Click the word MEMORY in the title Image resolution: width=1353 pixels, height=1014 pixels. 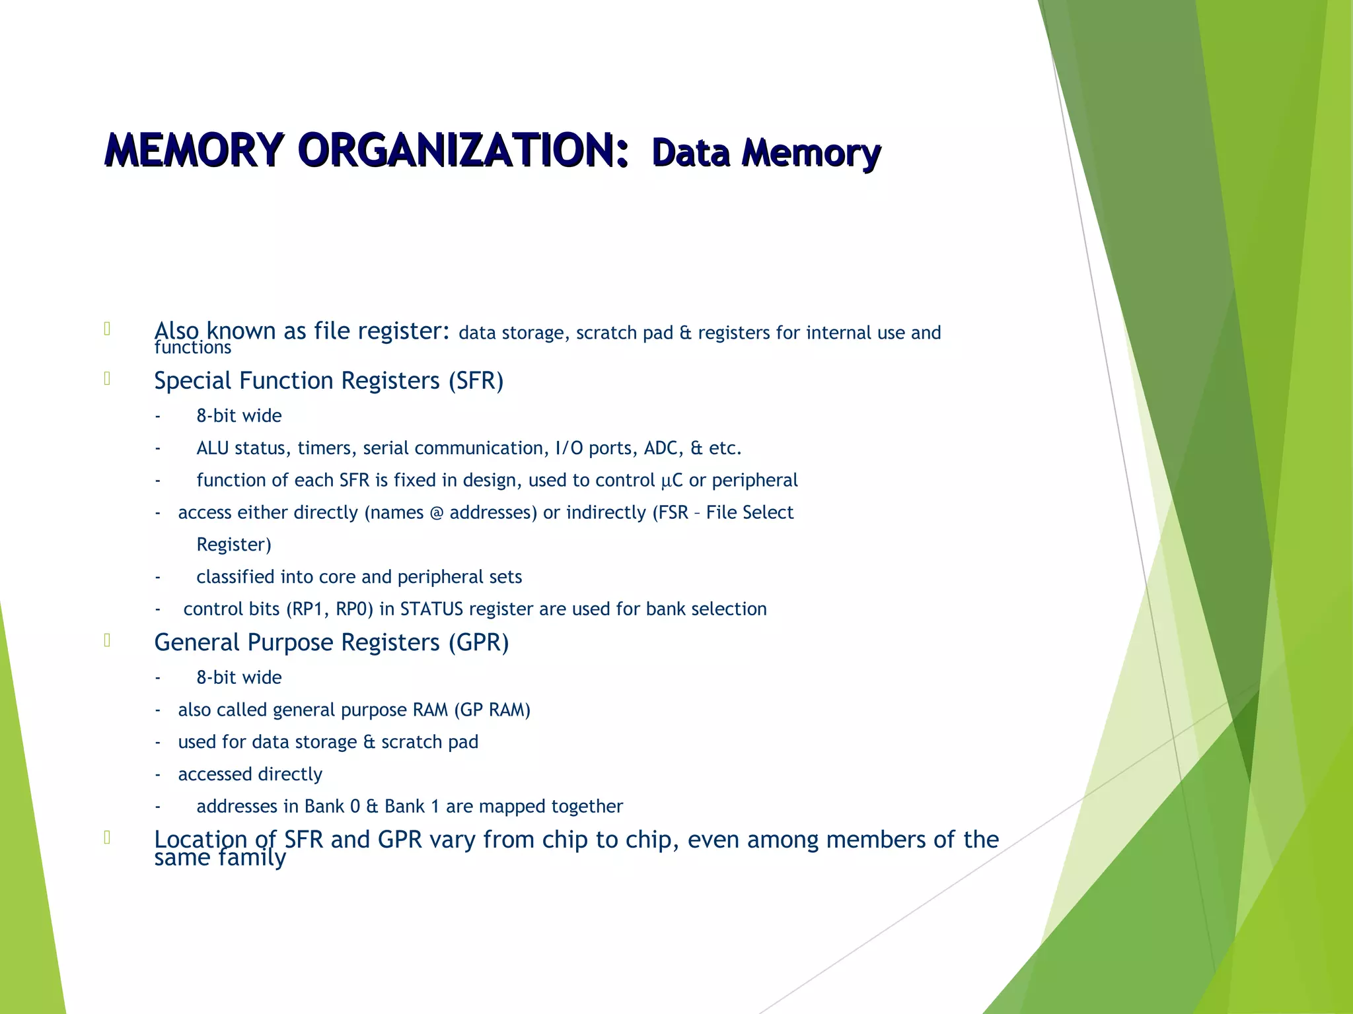click(194, 151)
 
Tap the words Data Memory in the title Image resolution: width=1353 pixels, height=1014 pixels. click(766, 152)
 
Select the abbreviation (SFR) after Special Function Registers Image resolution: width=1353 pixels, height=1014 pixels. click(476, 381)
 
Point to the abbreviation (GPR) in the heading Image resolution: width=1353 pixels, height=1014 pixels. click(478, 642)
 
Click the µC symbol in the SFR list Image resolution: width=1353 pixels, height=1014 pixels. click(672, 481)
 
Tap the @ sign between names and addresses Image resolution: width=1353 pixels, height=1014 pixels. click(436, 513)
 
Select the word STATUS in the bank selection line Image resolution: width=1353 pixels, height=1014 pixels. click(431, 609)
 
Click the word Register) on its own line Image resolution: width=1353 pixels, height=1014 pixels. click(234, 545)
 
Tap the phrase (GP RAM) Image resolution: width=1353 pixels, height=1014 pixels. click(492, 710)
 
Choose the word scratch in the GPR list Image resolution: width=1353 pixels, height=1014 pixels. click(412, 742)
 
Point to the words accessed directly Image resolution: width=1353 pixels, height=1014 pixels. click(250, 774)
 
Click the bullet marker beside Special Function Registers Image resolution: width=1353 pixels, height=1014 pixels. click(106, 379)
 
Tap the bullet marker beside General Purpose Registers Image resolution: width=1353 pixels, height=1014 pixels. click(106, 640)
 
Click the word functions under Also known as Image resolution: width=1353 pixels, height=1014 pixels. click(193, 348)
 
